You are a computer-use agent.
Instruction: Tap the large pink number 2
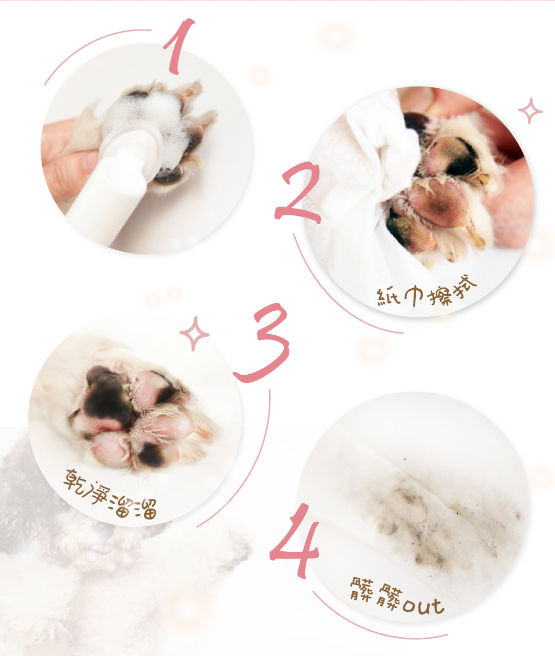[298, 193]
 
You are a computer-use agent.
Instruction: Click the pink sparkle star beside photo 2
[530, 110]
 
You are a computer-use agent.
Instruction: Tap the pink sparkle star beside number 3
[194, 334]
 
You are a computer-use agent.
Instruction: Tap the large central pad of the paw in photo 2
[439, 203]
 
